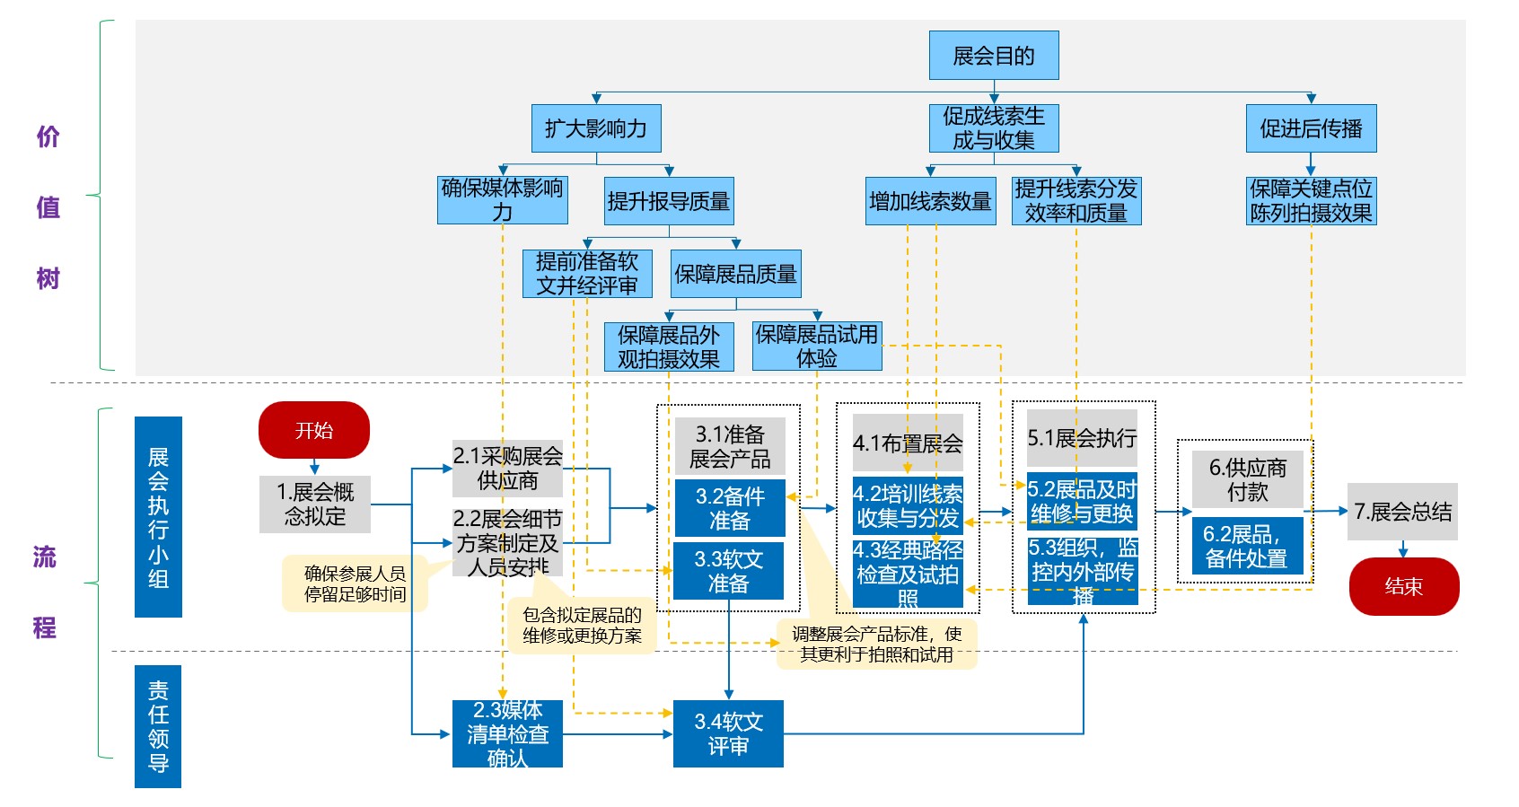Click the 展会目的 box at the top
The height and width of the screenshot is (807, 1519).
click(x=994, y=56)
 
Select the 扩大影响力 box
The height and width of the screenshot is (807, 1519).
click(x=596, y=128)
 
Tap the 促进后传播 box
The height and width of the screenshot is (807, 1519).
click(x=1311, y=128)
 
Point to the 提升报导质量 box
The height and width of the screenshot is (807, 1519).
click(x=669, y=201)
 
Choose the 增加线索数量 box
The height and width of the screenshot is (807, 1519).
click(x=931, y=201)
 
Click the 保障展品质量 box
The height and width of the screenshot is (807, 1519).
click(x=736, y=274)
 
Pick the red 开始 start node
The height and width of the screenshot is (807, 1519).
click(x=314, y=430)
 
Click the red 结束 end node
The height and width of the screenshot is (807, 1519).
click(x=1404, y=586)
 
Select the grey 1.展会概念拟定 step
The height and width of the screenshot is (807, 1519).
click(x=315, y=504)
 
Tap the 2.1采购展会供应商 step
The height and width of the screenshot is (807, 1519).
click(x=507, y=469)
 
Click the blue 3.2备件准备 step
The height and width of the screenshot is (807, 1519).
click(x=729, y=508)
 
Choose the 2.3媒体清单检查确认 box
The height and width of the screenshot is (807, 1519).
click(x=507, y=733)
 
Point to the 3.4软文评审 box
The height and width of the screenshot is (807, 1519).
click(x=728, y=733)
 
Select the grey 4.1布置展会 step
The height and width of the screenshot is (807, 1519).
click(x=908, y=443)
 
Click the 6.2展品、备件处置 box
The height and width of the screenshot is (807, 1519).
click(x=1247, y=546)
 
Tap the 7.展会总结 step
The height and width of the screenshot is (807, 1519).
click(x=1402, y=512)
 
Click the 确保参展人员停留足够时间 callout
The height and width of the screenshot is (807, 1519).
click(x=355, y=583)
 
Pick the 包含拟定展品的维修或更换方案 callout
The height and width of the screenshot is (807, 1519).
click(x=582, y=625)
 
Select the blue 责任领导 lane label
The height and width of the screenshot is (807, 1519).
click(x=158, y=726)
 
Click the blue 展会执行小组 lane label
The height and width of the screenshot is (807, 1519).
click(x=158, y=517)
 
